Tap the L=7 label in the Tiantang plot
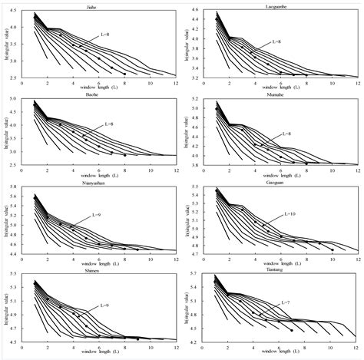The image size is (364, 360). (284, 302)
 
